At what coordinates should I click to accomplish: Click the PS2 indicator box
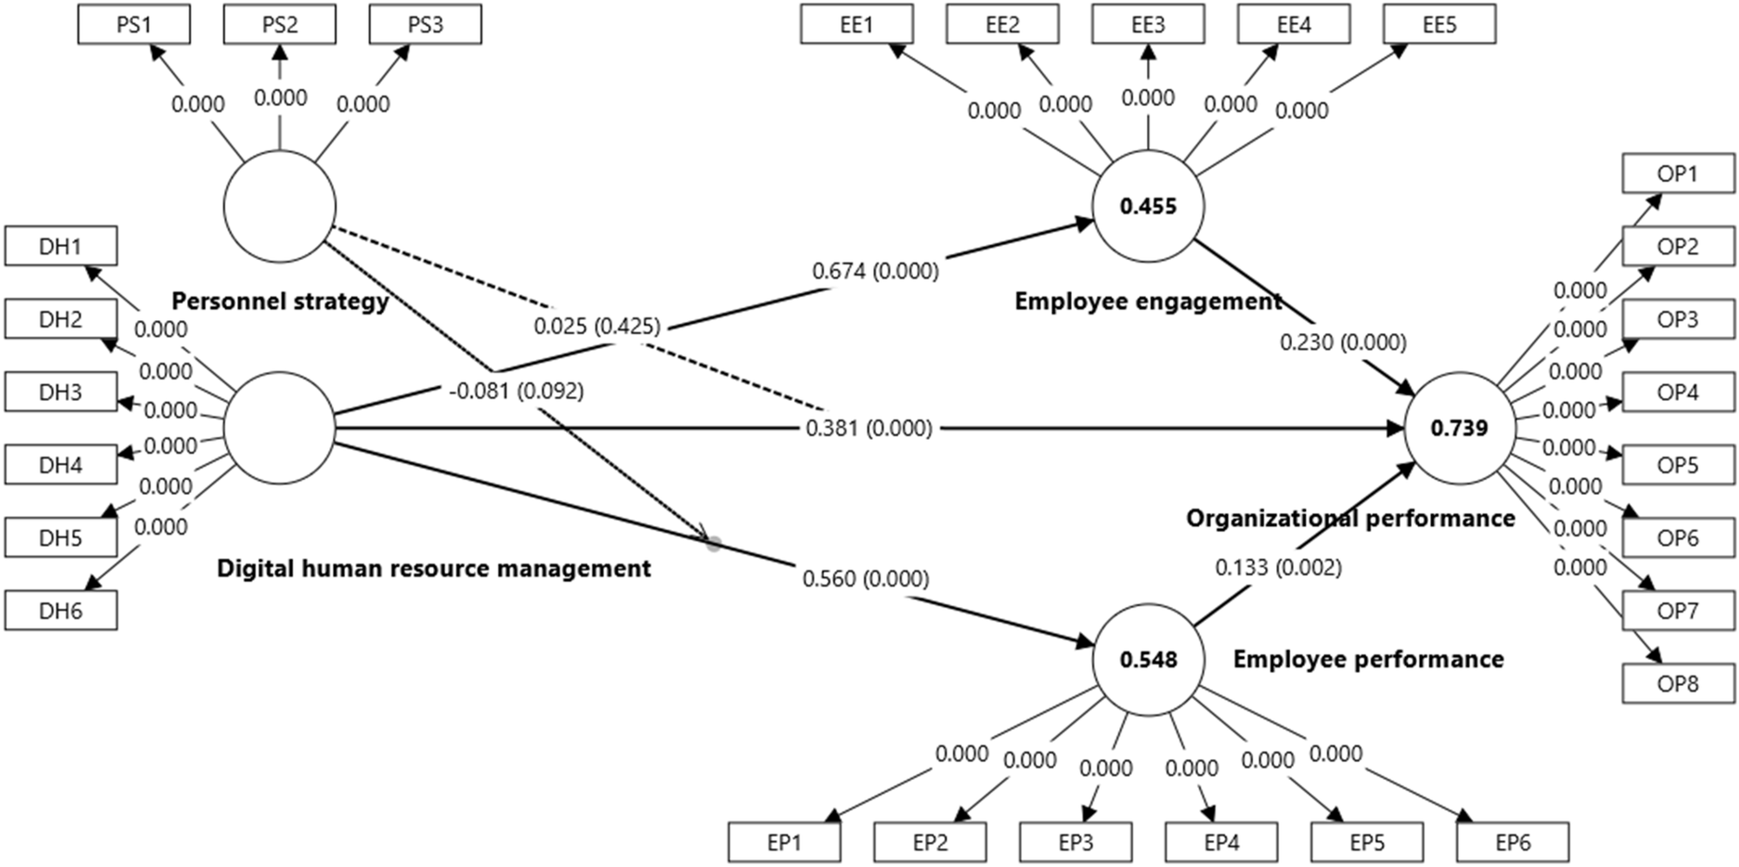pos(279,25)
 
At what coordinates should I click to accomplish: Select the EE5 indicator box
pos(1439,25)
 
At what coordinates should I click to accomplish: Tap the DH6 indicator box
pos(61,611)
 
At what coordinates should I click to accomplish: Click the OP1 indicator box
pos(1677,174)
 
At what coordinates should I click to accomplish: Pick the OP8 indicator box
pos(1677,684)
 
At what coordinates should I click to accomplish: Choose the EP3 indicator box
pos(1076,843)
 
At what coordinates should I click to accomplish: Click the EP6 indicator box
pos(1513,843)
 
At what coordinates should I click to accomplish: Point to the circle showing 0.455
pos(1148,206)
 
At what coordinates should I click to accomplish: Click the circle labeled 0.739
pos(1459,428)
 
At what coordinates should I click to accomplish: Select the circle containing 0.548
pos(1148,659)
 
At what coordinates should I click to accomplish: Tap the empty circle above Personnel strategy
pos(279,207)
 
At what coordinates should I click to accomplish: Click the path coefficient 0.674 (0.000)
pos(875,271)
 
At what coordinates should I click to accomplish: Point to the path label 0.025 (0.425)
pos(596,326)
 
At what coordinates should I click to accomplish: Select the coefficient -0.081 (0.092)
pos(516,391)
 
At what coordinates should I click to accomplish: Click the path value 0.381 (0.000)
pos(868,428)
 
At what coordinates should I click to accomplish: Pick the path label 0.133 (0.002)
pos(1277,568)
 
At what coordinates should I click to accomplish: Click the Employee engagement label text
pos(1148,302)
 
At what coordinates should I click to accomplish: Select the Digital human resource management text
pos(433,569)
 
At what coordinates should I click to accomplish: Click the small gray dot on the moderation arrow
pos(714,544)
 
